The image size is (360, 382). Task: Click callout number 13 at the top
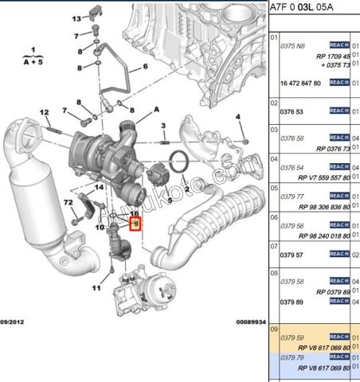coord(76,18)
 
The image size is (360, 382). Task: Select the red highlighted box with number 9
coord(135,224)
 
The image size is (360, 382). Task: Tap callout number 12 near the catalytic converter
coord(45,111)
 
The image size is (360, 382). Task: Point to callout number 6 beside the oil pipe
coord(146,66)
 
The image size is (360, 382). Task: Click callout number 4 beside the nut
coord(237,118)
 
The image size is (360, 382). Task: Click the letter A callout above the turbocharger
coord(157,108)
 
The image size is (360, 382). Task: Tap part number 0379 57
coord(292,255)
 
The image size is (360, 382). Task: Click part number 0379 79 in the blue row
coord(292,357)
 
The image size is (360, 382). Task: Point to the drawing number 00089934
coord(250,322)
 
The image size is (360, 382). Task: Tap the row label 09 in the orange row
coord(274,328)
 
